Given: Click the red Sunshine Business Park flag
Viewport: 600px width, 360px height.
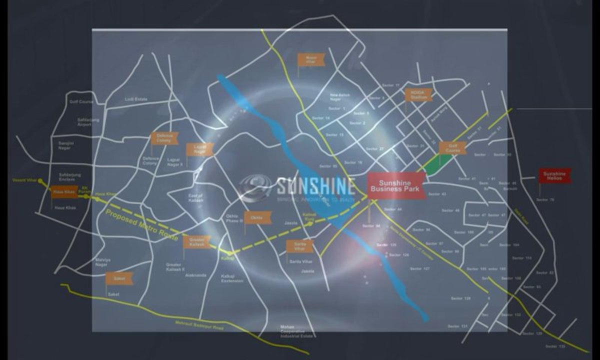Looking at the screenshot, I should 396,186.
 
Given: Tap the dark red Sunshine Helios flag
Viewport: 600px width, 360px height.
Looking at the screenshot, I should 554,175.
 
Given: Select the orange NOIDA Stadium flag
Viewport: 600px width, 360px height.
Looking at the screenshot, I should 418,95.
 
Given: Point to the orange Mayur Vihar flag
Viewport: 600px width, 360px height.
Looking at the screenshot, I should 311,59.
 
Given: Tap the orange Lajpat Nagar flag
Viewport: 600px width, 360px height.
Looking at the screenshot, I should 199,149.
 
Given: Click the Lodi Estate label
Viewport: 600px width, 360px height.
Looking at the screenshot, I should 136,99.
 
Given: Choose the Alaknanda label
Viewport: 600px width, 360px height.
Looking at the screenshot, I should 195,274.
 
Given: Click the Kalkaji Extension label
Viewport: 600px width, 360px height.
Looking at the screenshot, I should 232,278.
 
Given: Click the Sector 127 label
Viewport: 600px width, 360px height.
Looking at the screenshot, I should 419,269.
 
